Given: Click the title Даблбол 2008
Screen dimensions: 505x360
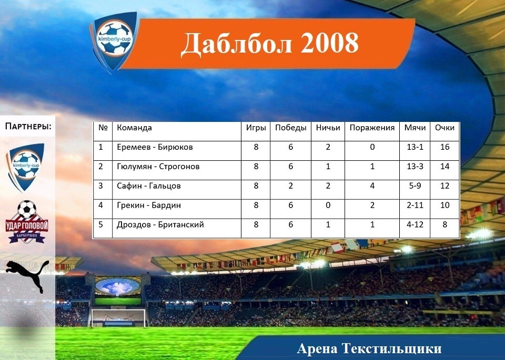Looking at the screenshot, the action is pos(269,44).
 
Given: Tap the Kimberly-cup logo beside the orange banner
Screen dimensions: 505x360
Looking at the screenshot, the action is pos(114,41).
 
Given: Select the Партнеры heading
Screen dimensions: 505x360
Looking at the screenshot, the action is pos(28,126).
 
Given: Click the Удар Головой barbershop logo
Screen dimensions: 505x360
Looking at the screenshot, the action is pos(27,222).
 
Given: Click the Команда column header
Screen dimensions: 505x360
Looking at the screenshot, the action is pos(134,128).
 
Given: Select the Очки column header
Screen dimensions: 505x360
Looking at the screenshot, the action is pos(445,128).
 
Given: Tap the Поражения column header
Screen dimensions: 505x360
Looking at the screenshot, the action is pos(372,128).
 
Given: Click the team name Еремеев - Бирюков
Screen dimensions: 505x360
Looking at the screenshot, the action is pos(155,147).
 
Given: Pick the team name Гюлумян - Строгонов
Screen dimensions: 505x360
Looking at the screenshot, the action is pos(158,166).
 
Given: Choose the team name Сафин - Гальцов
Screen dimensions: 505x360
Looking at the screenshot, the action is pos(148,186).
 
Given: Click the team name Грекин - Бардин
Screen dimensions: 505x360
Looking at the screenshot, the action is pos(149,205).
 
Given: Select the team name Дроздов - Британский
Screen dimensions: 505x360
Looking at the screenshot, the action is pos(160,224).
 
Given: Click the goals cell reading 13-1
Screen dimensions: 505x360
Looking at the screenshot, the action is pos(415,147).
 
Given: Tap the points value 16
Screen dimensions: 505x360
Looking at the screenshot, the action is pos(445,147).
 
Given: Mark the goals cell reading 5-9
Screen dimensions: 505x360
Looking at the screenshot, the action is pos(415,186).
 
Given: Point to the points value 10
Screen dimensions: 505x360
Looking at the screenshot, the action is pos(445,205).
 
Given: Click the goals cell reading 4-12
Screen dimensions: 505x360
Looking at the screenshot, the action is pos(415,224).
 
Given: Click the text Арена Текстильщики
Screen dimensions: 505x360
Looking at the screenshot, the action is pos(369,349).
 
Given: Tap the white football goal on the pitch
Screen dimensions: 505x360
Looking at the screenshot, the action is pos(118,318).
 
